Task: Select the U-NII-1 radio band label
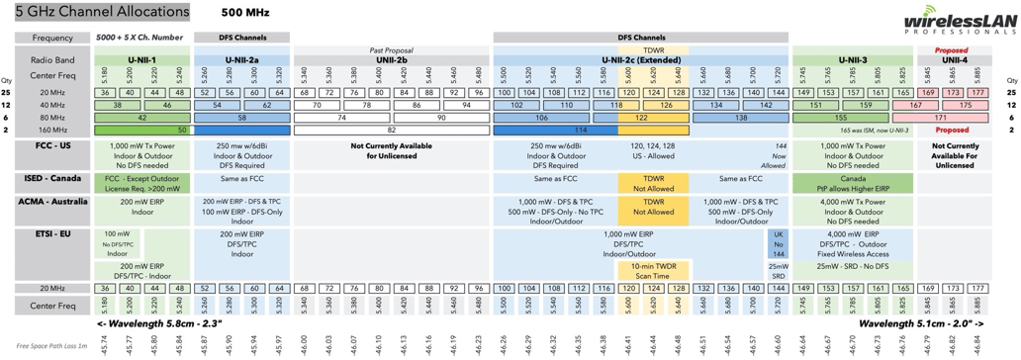141,60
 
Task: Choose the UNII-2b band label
390,60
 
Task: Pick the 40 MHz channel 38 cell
118,104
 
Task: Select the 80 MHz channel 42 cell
141,117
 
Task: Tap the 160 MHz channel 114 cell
554,130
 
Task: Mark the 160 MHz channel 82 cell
390,130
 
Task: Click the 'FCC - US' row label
51,146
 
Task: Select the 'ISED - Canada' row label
51,178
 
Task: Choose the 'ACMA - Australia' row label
51,201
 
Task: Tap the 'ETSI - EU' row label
51,233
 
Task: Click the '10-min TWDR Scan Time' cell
652,271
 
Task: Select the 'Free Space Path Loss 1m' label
51,347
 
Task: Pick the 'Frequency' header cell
51,38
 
